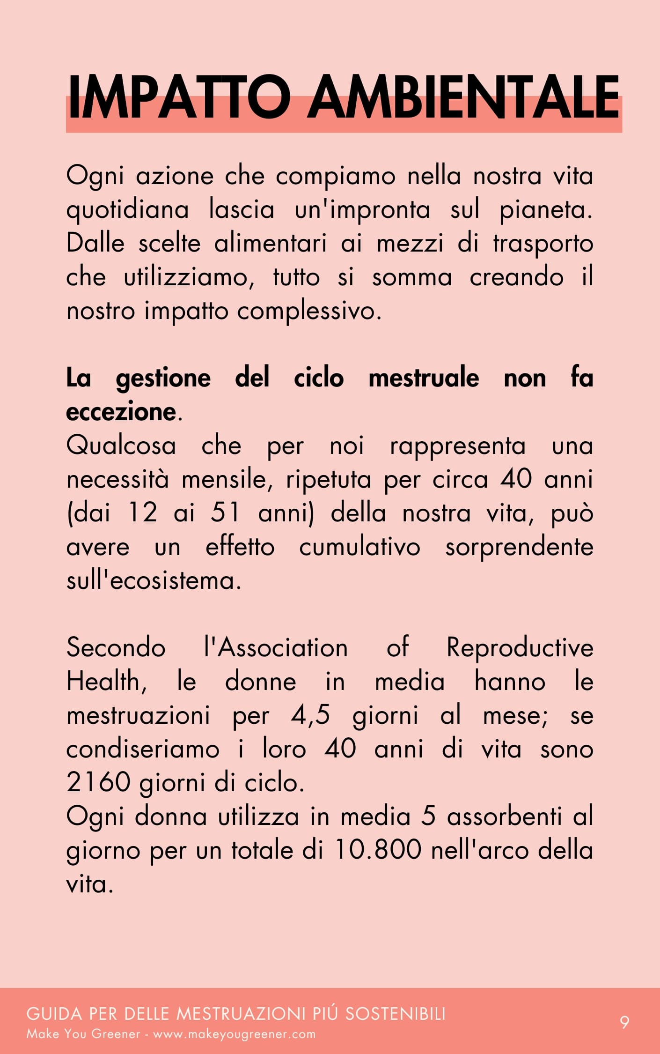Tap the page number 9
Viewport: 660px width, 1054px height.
624,1022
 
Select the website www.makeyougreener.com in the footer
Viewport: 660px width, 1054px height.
235,1034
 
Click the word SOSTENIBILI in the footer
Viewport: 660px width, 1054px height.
396,1014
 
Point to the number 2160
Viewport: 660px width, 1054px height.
98,782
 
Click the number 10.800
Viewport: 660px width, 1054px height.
378,850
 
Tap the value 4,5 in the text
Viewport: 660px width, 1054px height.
310,715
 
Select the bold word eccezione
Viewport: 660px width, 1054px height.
121,412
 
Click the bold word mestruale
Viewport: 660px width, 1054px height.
424,378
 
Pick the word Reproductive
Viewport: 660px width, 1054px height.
520,648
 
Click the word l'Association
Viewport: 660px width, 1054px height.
276,648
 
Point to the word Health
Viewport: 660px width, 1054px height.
106,681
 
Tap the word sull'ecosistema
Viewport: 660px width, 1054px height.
154,581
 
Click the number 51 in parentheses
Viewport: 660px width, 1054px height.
225,512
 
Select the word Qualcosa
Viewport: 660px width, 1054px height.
121,445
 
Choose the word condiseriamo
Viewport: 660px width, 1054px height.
143,749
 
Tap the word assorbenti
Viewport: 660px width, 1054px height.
504,816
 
